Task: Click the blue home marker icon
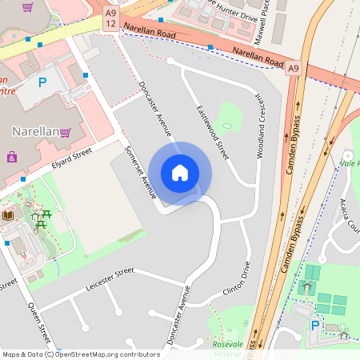click(x=180, y=173)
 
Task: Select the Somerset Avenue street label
click(x=140, y=171)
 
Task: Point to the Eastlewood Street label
click(x=213, y=132)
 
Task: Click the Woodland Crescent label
click(x=260, y=124)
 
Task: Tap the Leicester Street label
click(x=109, y=279)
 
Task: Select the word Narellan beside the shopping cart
click(x=35, y=131)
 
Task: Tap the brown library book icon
click(x=9, y=216)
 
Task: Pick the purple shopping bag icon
click(x=11, y=157)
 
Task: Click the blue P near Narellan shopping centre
click(x=43, y=82)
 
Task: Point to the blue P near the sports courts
click(x=315, y=326)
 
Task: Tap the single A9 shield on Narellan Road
click(x=294, y=68)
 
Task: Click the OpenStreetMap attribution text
click(x=80, y=354)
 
